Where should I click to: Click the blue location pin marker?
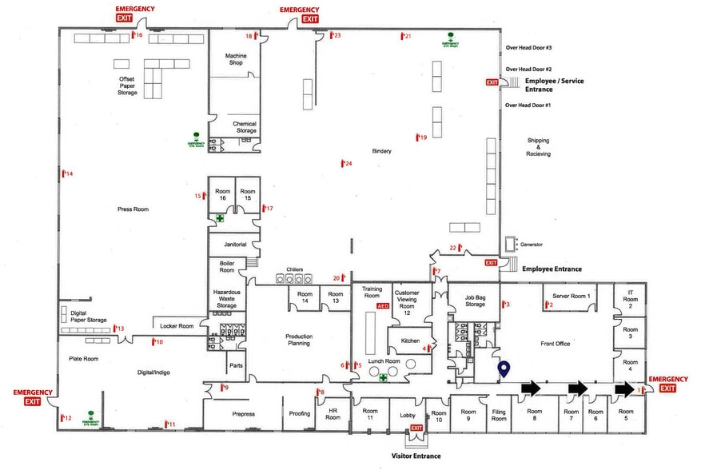tap(504, 369)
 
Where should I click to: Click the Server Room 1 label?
tap(572, 297)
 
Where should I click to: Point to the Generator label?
tap(532, 245)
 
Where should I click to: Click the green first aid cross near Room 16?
tap(220, 217)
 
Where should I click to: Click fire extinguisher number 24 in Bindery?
tap(345, 164)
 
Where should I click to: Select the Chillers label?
tap(294, 269)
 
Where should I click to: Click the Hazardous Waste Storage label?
tap(227, 299)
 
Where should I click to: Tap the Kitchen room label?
tap(404, 341)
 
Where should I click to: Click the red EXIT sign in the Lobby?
tap(416, 428)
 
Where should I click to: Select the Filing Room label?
tap(499, 416)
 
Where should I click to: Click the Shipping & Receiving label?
tap(538, 148)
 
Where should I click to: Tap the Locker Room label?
tap(177, 326)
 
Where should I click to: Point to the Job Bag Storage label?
tap(475, 301)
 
